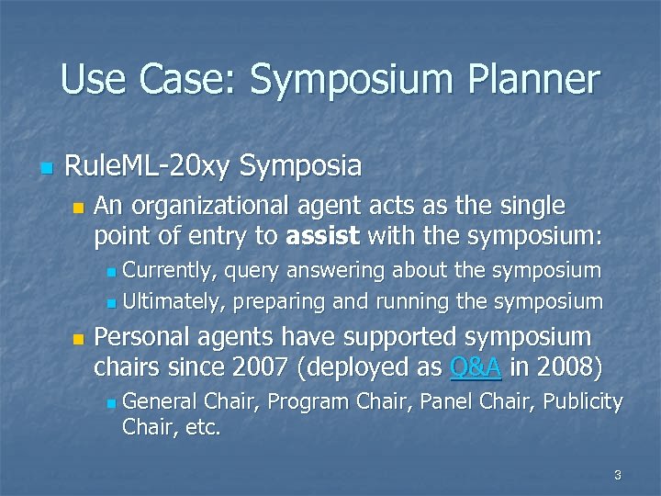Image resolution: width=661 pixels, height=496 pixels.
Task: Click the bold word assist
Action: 323,236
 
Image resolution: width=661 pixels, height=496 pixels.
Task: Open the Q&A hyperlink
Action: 476,367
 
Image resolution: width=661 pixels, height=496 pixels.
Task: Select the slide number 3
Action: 617,475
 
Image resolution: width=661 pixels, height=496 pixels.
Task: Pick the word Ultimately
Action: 174,301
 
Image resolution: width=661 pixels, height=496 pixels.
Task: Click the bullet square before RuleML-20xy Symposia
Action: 46,168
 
